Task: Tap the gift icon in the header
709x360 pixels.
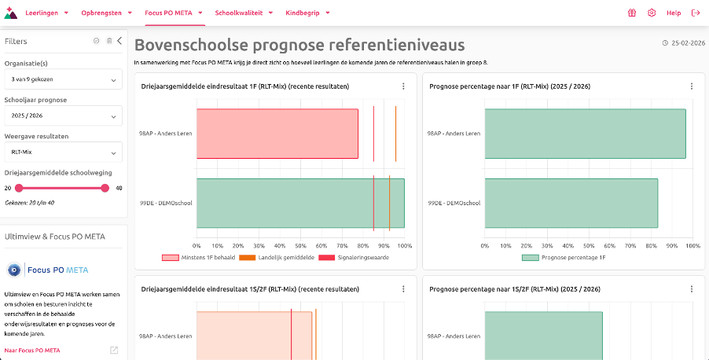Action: click(631, 13)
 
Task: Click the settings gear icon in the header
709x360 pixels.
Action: click(652, 13)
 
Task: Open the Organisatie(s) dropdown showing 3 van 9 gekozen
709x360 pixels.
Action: click(63, 79)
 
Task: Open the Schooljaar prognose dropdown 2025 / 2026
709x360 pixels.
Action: click(63, 116)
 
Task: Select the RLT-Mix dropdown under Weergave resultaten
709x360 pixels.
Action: click(63, 152)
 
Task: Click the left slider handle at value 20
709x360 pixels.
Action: click(19, 188)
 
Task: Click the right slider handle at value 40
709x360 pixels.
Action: click(105, 188)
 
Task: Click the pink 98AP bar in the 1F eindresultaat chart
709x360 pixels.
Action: click(277, 133)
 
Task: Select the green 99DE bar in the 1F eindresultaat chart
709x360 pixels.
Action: click(300, 203)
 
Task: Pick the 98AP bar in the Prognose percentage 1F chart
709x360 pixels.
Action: click(585, 133)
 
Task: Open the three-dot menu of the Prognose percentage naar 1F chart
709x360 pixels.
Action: click(692, 86)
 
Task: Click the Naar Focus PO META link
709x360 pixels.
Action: click(31, 350)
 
